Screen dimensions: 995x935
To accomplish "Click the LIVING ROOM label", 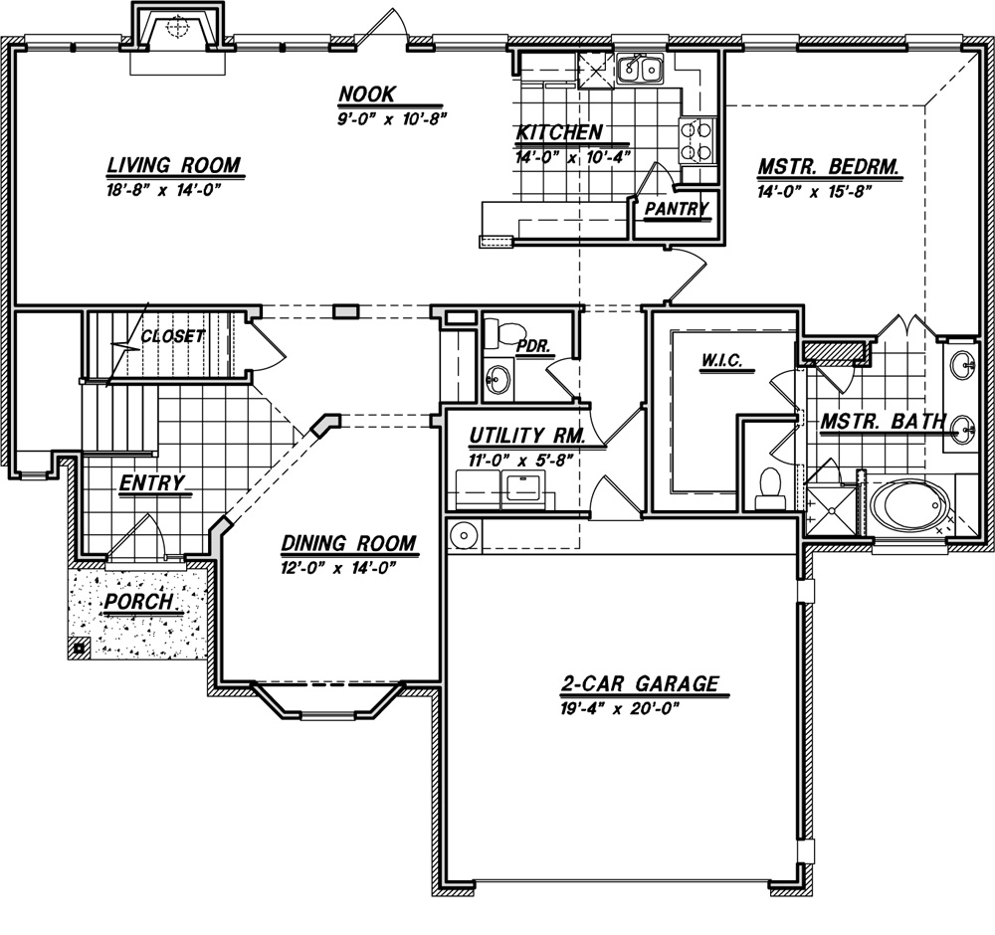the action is pyautogui.click(x=174, y=165).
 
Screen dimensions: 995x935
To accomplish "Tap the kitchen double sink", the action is pyautogui.click(x=640, y=68).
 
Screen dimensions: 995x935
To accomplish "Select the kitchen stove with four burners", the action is pyautogui.click(x=696, y=141).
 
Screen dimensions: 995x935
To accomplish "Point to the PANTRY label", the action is pyautogui.click(x=677, y=209).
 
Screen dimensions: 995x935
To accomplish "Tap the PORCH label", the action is pyautogui.click(x=138, y=602).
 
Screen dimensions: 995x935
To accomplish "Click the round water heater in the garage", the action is pyautogui.click(x=464, y=535).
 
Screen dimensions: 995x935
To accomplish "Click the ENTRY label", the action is pyautogui.click(x=151, y=483).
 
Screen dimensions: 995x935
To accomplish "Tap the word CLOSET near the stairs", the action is pyautogui.click(x=172, y=336).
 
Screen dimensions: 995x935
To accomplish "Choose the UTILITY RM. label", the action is pyautogui.click(x=526, y=436).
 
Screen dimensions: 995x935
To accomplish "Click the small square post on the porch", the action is pyautogui.click(x=80, y=649).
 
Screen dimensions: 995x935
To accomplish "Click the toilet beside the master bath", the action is pyautogui.click(x=770, y=488).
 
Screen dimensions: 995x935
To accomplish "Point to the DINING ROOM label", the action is pyautogui.click(x=348, y=544).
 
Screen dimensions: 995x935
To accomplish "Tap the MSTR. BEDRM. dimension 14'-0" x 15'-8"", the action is pyautogui.click(x=812, y=192).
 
